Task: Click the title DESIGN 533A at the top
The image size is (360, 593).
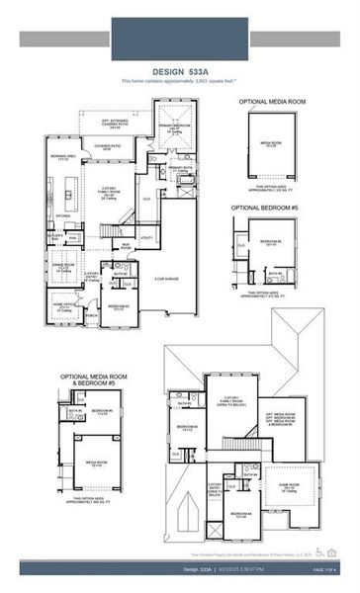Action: point(179,71)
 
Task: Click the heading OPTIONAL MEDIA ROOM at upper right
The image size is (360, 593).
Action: point(271,102)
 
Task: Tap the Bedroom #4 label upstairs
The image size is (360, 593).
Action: point(240,514)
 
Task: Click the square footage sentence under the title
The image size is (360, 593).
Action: point(179,80)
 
